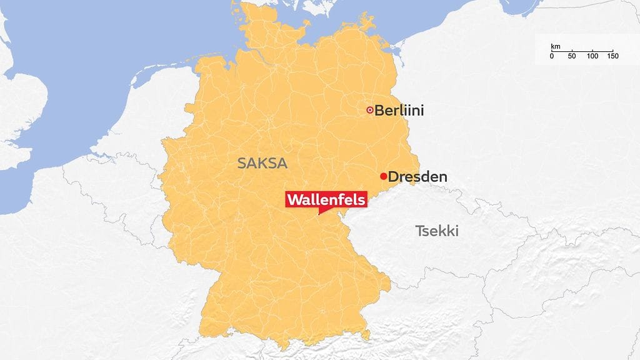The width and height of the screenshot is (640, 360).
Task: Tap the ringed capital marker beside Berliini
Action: coord(369,111)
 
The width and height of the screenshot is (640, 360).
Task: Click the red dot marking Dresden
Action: coord(383,176)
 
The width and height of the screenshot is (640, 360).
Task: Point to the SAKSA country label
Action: coord(262,164)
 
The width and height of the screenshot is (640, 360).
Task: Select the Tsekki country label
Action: coord(437,231)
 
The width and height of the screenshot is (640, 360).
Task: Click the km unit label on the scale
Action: coord(554,47)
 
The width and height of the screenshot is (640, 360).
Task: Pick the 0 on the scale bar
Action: coord(551,56)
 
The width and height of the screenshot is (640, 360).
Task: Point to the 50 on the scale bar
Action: coord(571,56)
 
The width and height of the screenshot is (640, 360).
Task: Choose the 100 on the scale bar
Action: coord(592,56)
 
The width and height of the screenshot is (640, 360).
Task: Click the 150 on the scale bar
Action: coord(612,56)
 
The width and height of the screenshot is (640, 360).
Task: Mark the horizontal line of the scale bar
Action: coord(582,51)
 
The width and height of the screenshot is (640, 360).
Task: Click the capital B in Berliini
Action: coord(379,111)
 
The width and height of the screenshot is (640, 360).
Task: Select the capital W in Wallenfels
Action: coord(294,199)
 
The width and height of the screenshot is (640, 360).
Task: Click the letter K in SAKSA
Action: coord(263,164)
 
